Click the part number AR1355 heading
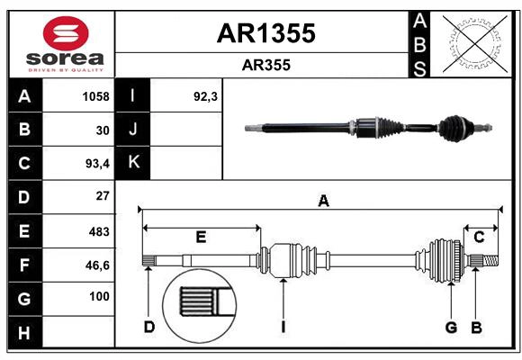[265, 33]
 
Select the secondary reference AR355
[265, 66]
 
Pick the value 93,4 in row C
[95, 164]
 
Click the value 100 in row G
[99, 296]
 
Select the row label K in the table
[133, 163]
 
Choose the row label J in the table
[133, 130]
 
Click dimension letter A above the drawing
[323, 202]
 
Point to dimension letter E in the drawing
[201, 237]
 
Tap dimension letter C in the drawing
[479, 237]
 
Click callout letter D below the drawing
[148, 327]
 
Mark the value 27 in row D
[102, 196]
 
